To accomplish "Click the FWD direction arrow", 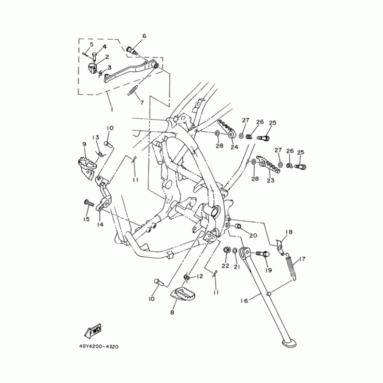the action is [x=93, y=331].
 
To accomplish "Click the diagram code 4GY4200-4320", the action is [x=99, y=347].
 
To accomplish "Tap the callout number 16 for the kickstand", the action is [x=244, y=301].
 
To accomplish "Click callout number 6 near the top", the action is [x=144, y=36].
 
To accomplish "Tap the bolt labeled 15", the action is [x=89, y=203].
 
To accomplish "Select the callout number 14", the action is [x=100, y=224].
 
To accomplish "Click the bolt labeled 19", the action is [x=262, y=254].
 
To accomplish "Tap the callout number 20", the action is [x=253, y=236].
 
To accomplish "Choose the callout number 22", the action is [x=225, y=266].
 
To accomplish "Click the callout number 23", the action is [x=270, y=180].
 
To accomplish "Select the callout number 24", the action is [x=234, y=147].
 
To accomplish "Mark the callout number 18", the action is [x=289, y=232].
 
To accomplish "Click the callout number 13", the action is [x=96, y=137].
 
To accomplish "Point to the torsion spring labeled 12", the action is [x=187, y=277].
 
